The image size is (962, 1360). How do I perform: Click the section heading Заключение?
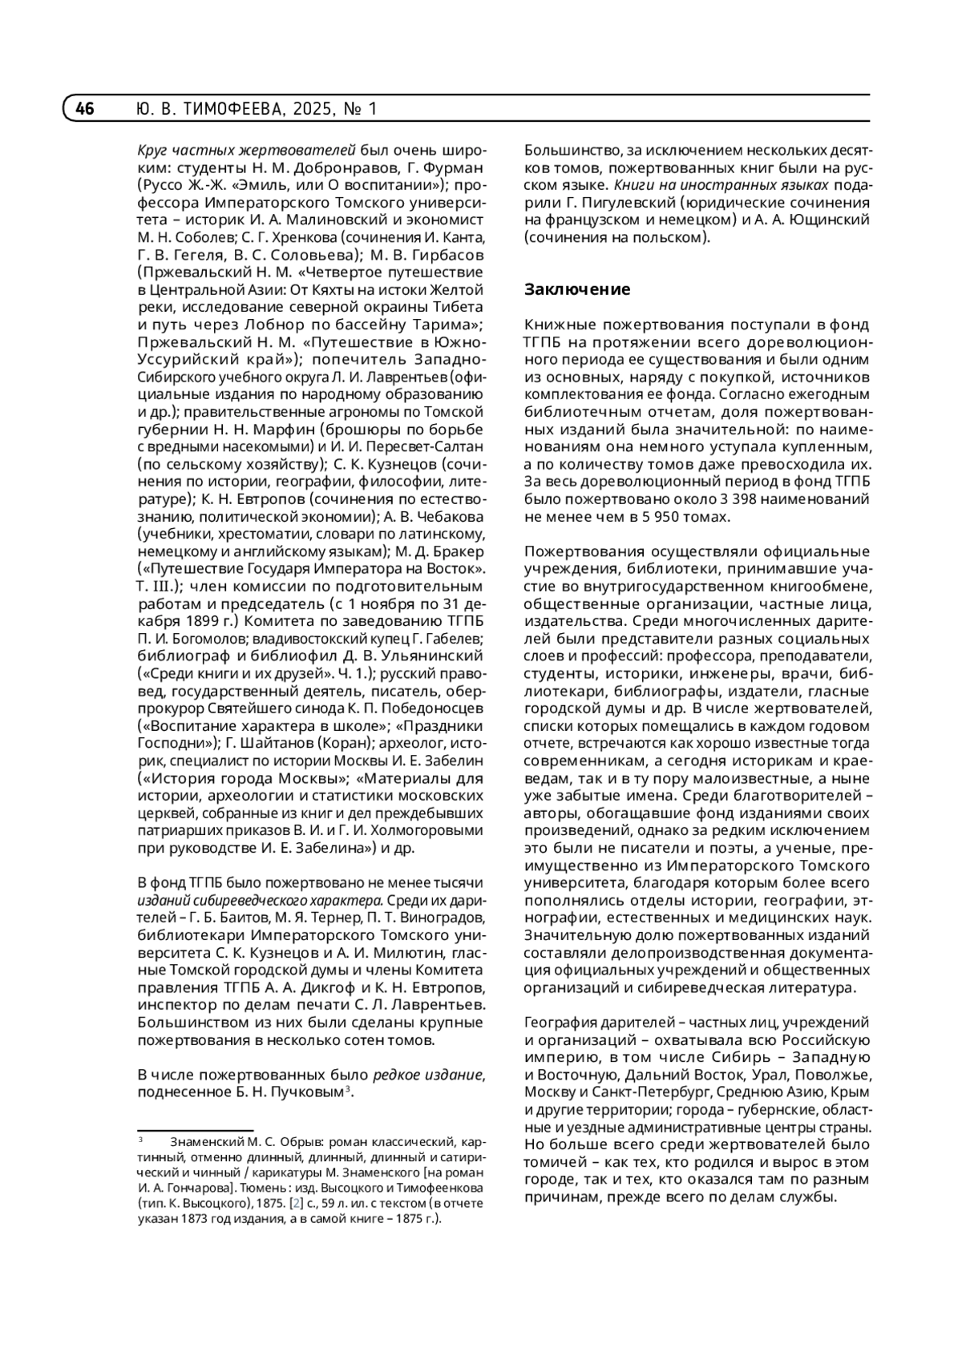[577, 289]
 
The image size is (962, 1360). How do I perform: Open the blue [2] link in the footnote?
[296, 1203]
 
